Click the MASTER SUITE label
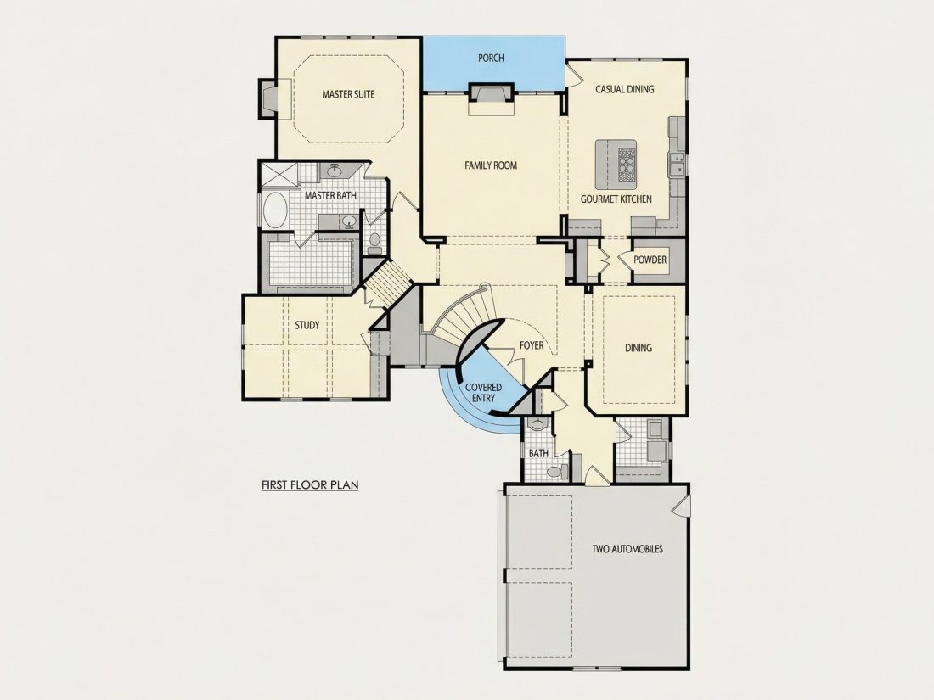click(x=348, y=94)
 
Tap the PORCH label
click(x=491, y=58)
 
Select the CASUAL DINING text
click(x=625, y=89)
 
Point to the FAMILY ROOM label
click(x=491, y=165)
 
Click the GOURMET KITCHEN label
click(x=616, y=199)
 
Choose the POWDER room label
click(x=650, y=260)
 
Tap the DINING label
click(x=639, y=348)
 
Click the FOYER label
click(x=532, y=345)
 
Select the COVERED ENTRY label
click(x=483, y=393)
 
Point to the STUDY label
click(x=307, y=326)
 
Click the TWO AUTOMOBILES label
click(x=627, y=549)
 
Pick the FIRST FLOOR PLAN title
click(x=310, y=485)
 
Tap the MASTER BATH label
click(x=330, y=196)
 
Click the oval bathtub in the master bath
click(x=274, y=210)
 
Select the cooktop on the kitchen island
click(x=627, y=165)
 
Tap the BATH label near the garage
click(x=538, y=454)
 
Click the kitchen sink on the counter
click(x=676, y=164)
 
